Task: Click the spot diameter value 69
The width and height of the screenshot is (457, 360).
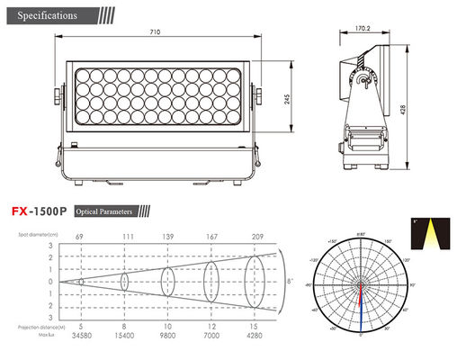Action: click(81, 235)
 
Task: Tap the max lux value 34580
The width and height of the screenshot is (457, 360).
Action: click(81, 335)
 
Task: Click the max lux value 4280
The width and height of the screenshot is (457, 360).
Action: click(255, 335)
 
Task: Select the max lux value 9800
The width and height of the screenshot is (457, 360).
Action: click(168, 335)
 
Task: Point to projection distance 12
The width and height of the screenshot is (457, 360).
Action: click(211, 326)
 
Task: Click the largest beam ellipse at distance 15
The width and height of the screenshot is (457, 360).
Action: click(255, 282)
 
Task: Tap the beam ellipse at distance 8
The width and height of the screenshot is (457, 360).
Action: click(125, 282)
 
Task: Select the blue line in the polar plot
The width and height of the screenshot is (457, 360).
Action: click(361, 307)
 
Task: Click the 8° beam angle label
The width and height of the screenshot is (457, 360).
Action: click(288, 282)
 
